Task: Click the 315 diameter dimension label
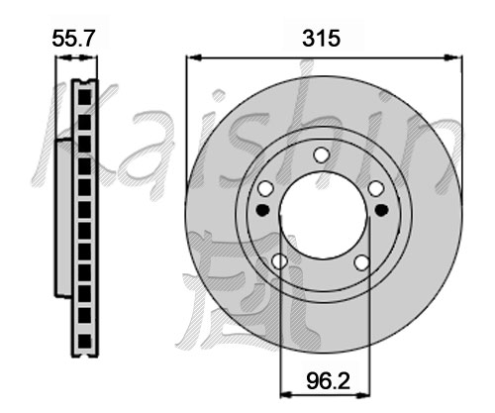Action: click(x=321, y=38)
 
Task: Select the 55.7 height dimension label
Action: click(x=73, y=39)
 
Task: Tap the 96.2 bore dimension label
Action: click(x=328, y=380)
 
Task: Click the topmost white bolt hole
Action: click(x=321, y=155)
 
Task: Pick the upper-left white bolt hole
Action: click(x=265, y=189)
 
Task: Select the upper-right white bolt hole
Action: click(x=376, y=189)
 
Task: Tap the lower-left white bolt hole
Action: click(x=279, y=261)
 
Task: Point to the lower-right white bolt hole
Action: click(x=361, y=262)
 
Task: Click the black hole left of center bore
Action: click(x=263, y=210)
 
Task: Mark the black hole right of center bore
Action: click(x=381, y=210)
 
